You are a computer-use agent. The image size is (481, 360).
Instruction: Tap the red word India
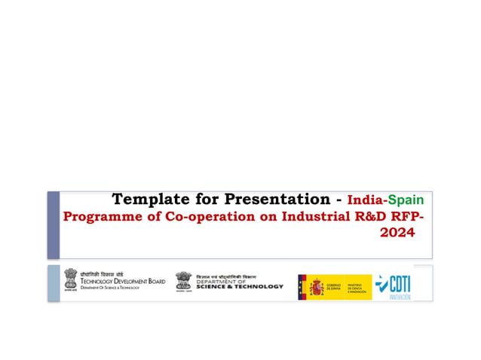[365, 200]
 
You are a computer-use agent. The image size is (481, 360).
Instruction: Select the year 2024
[397, 234]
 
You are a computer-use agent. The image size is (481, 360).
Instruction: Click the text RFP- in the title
[406, 218]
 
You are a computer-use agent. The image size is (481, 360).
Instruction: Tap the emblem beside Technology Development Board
[70, 280]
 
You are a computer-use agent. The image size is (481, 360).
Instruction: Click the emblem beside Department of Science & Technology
[183, 282]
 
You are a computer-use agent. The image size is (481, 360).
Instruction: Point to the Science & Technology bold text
[240, 286]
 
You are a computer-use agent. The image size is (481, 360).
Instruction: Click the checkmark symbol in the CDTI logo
[384, 284]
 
